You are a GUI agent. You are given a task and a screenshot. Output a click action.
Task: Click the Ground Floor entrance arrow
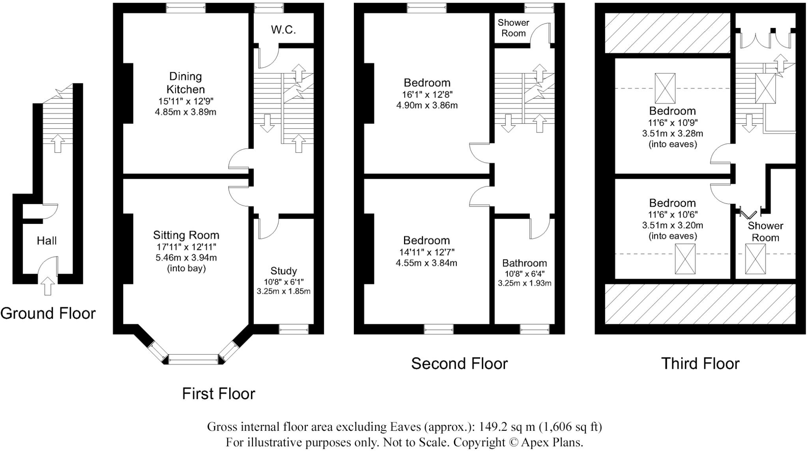click(48, 286)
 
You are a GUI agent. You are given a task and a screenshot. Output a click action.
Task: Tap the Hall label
click(47, 241)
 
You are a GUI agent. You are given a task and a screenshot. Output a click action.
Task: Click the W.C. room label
click(283, 30)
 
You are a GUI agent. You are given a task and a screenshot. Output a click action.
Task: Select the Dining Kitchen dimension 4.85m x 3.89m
click(185, 112)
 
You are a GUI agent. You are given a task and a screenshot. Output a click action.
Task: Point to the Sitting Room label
click(186, 235)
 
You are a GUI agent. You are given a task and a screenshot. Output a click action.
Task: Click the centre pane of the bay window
click(193, 359)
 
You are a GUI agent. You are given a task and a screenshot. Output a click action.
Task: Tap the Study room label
click(283, 271)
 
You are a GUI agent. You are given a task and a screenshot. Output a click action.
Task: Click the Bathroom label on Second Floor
click(524, 263)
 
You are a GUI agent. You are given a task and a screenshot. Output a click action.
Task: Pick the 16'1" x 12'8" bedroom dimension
click(427, 94)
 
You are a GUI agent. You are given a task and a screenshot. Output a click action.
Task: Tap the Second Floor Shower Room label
click(513, 28)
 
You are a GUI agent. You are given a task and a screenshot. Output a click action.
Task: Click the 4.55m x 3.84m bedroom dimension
click(426, 263)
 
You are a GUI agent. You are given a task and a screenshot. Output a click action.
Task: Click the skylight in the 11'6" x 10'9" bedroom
click(665, 88)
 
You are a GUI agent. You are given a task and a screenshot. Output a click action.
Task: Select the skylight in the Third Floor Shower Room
click(755, 259)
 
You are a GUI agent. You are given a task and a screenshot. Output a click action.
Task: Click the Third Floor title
click(700, 363)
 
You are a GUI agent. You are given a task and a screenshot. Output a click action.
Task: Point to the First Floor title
click(219, 394)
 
